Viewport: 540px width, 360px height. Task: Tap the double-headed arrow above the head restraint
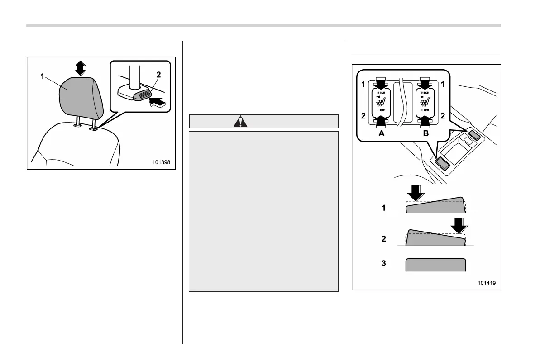(80, 68)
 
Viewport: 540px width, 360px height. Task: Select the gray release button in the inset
(143, 95)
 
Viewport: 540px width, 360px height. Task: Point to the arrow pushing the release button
(158, 102)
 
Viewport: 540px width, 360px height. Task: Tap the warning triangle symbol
(240, 122)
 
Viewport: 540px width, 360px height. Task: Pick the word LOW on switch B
(425, 110)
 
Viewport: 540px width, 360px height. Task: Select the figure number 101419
(486, 283)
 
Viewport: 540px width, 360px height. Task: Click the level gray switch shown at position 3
(435, 265)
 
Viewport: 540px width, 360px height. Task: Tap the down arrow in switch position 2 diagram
(460, 225)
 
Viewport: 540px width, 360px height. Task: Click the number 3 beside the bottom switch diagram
(383, 263)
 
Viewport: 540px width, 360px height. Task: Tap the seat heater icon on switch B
(425, 101)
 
